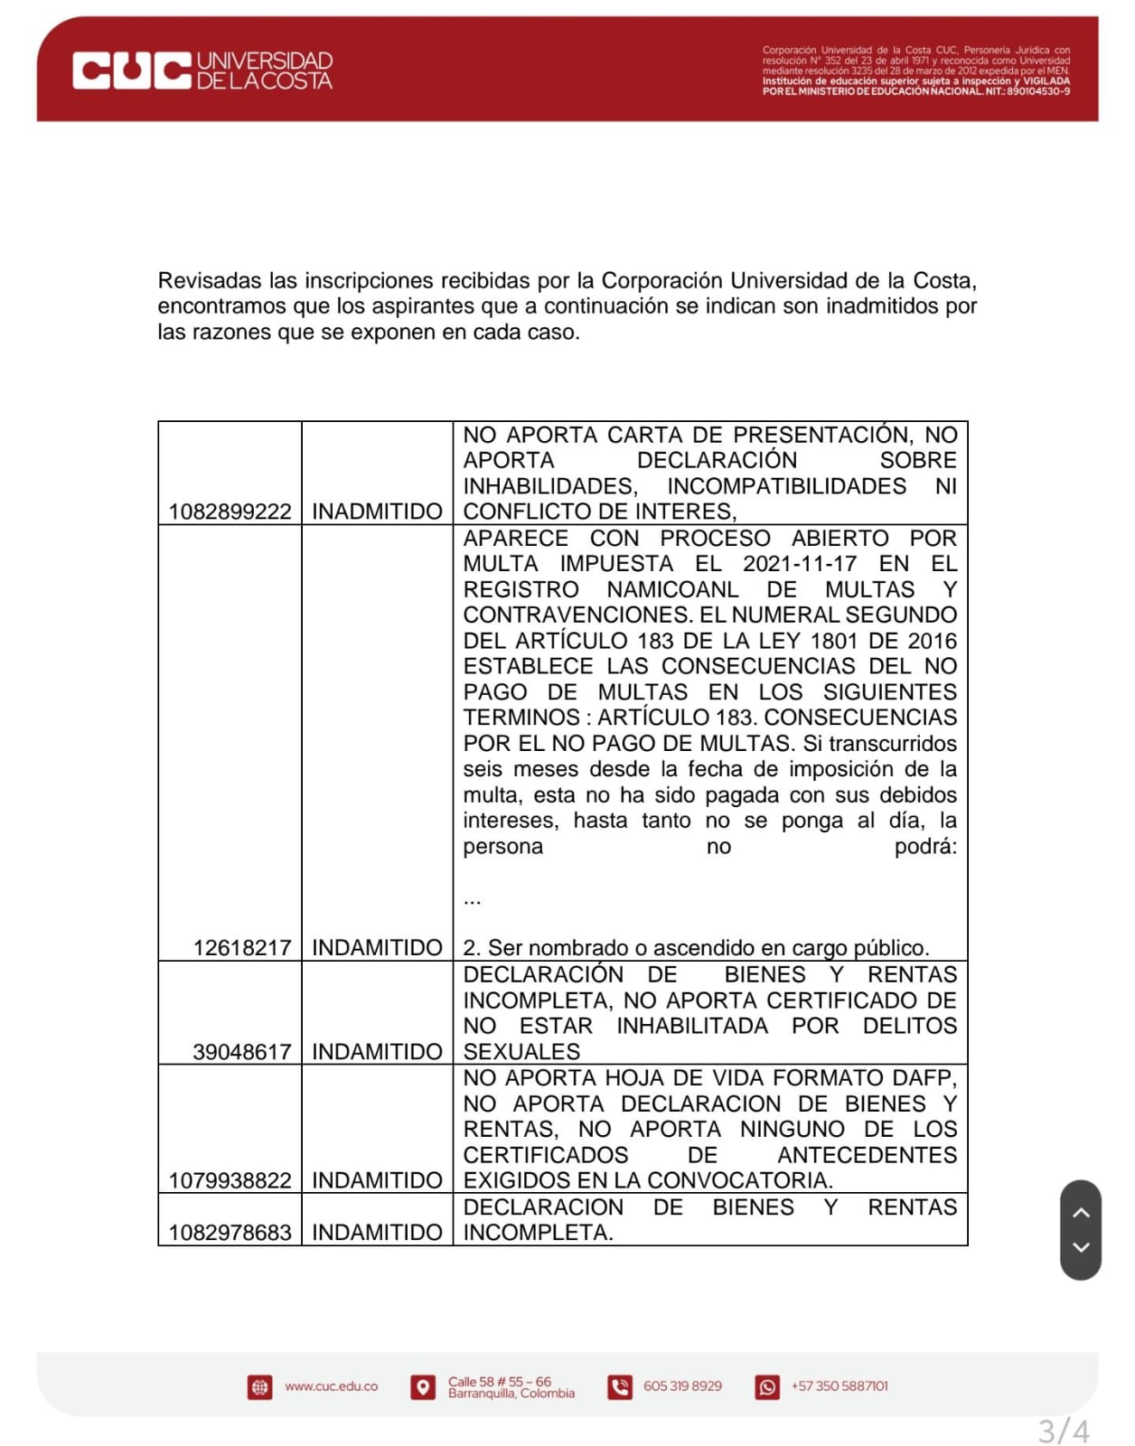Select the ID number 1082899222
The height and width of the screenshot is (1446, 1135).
230,512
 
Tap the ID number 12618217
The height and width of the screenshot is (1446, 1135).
241,948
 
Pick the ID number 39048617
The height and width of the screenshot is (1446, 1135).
241,1052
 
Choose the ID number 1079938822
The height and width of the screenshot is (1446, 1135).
230,1180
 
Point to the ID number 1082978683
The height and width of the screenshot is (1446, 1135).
230,1233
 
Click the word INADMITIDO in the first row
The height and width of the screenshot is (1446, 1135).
377,512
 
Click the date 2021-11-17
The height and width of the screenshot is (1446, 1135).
800,564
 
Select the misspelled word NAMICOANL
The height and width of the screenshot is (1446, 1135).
672,589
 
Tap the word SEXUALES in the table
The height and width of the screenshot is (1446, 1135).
521,1052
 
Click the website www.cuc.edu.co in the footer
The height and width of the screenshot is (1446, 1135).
331,1386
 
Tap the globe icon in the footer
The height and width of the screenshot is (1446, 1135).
259,1387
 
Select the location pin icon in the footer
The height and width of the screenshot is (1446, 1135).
422,1387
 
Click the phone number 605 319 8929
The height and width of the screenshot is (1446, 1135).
682,1386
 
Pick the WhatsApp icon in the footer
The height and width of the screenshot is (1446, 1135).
767,1387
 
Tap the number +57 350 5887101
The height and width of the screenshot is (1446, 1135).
840,1386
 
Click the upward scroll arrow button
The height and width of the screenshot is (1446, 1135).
1081,1213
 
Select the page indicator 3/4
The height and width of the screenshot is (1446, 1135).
1063,1432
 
